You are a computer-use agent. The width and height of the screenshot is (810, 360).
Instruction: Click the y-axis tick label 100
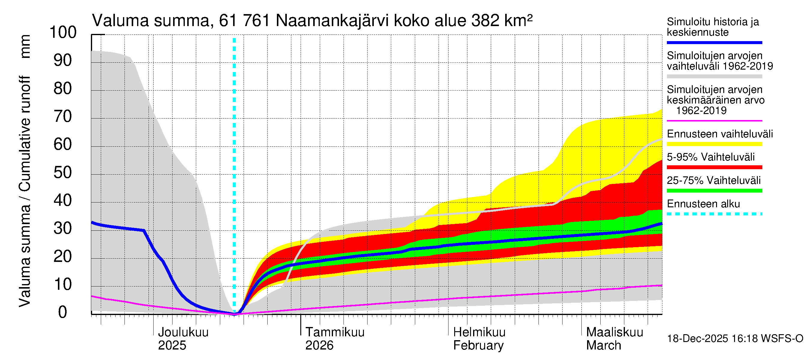pyautogui.click(x=63, y=32)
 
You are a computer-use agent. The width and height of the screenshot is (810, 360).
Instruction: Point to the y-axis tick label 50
pyautogui.click(x=63, y=172)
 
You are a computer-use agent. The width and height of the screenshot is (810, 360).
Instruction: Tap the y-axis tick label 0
pyautogui.click(x=63, y=313)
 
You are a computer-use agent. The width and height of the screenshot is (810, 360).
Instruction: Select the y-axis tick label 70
pyautogui.click(x=63, y=117)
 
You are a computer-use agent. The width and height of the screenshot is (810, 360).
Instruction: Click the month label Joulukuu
pyautogui.click(x=183, y=332)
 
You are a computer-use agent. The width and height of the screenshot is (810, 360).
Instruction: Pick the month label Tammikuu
pyautogui.click(x=335, y=332)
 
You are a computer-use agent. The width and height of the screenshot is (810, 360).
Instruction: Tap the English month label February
pyautogui.click(x=478, y=346)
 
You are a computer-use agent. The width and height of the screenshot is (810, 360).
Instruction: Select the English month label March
pyautogui.click(x=603, y=346)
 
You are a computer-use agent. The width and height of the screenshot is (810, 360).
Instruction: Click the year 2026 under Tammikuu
pyautogui.click(x=319, y=346)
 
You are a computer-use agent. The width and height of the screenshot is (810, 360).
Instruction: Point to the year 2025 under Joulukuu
pyautogui.click(x=172, y=346)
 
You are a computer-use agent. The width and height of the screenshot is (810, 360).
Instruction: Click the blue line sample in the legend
pyautogui.click(x=714, y=42)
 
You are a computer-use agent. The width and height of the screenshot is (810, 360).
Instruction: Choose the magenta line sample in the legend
pyautogui.click(x=714, y=121)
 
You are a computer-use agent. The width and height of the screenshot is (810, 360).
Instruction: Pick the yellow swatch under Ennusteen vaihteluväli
pyautogui.click(x=714, y=144)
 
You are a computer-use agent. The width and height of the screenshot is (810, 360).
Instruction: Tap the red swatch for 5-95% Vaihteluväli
pyautogui.click(x=714, y=167)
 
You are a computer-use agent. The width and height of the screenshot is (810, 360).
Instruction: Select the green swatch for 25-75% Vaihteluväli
pyautogui.click(x=714, y=190)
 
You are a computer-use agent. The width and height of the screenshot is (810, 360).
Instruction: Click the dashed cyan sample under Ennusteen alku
pyautogui.click(x=714, y=214)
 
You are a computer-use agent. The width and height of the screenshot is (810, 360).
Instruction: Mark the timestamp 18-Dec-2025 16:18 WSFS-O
pyautogui.click(x=735, y=339)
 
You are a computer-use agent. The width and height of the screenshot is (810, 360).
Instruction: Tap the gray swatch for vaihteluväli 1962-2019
pyautogui.click(x=714, y=76)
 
